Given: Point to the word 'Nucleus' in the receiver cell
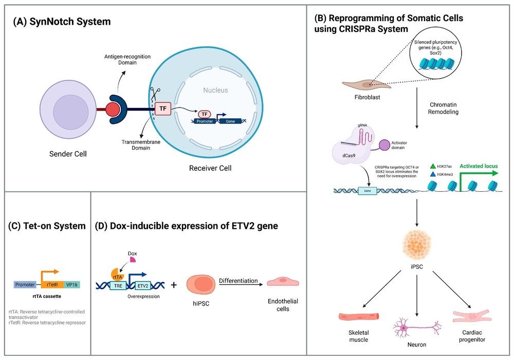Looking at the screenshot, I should point(215,90).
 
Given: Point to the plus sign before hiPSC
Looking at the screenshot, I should point(172,284).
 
